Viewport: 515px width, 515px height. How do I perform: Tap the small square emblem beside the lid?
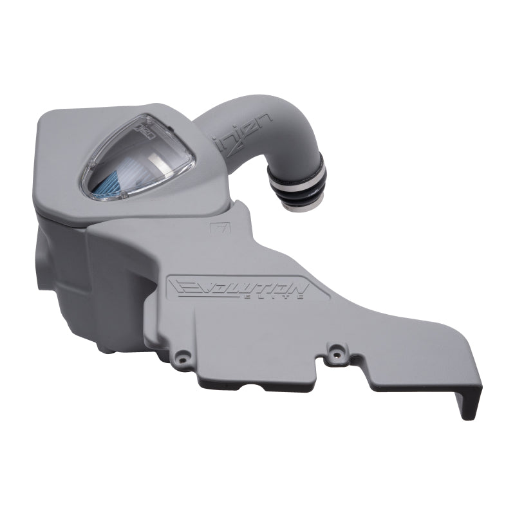tap(215, 228)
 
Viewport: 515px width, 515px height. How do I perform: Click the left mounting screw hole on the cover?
tap(183, 355)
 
